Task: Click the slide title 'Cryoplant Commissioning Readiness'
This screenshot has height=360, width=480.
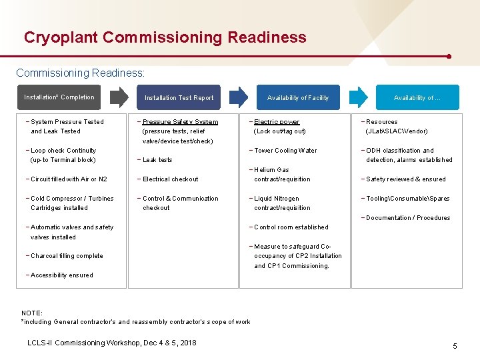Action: coord(165,37)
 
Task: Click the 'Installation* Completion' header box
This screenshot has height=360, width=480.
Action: coord(60,97)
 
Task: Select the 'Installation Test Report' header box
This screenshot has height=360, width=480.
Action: coord(179,98)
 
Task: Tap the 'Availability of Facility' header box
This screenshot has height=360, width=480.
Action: coord(297,98)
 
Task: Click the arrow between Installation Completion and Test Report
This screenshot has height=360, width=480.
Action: coord(121,97)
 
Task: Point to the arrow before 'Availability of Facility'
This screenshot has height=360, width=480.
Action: coord(239,97)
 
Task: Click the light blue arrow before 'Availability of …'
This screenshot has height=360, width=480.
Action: coord(359,97)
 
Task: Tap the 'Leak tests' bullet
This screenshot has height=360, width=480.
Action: coord(156,160)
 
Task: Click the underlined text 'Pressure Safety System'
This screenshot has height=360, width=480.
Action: coord(180,122)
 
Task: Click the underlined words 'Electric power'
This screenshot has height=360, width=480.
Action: coord(277,122)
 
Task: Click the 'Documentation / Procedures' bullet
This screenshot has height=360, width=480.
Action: coord(407,218)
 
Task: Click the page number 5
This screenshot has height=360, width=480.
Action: coord(455,346)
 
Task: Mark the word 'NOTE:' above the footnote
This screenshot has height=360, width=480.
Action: coord(32,313)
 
